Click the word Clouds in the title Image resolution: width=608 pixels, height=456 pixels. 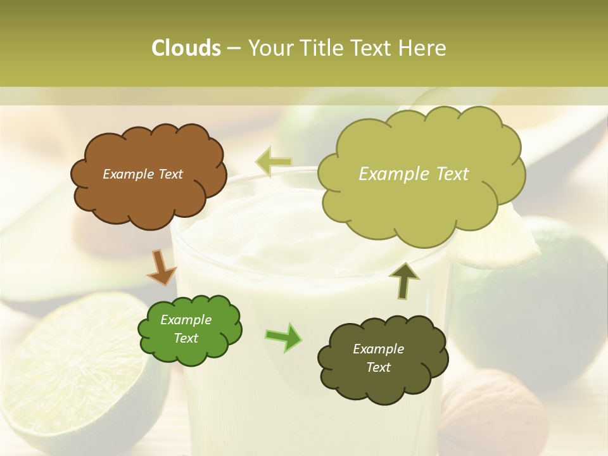(x=186, y=48)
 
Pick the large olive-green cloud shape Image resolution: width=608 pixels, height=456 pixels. (x=421, y=203)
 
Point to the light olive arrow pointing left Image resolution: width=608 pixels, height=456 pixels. (x=274, y=161)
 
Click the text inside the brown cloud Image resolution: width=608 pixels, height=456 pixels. (x=142, y=174)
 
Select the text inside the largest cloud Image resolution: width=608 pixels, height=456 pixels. (x=414, y=174)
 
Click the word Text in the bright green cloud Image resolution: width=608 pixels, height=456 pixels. (x=186, y=338)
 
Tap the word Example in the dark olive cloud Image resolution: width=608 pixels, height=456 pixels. (x=378, y=349)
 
